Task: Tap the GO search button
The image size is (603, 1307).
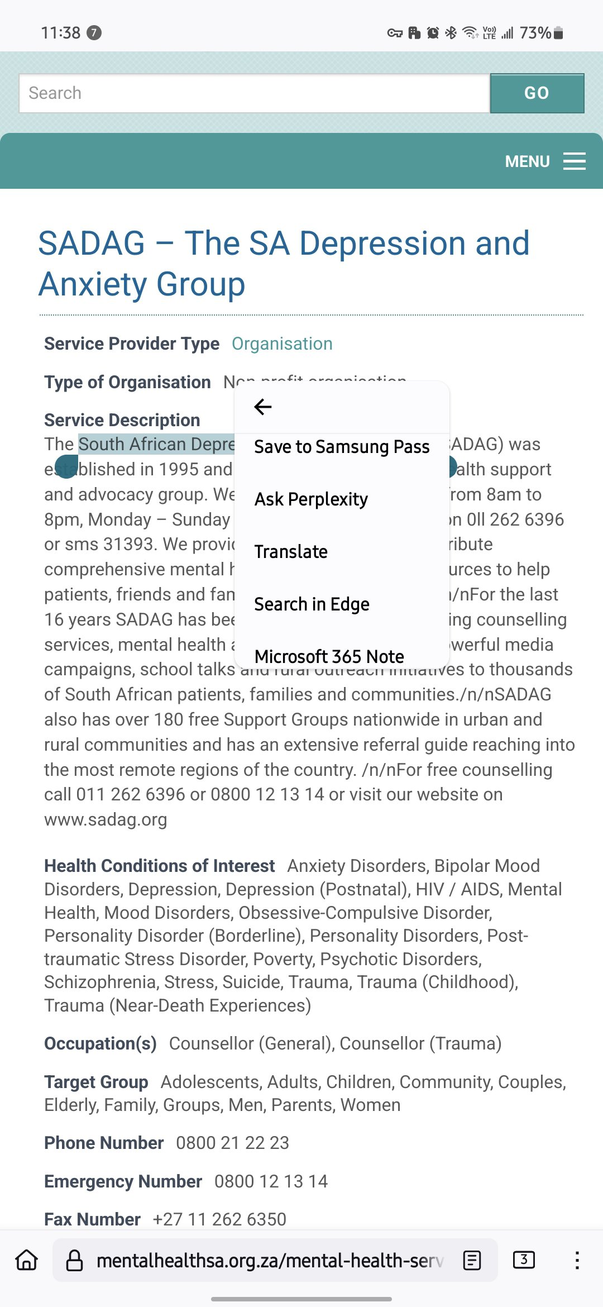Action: click(x=537, y=93)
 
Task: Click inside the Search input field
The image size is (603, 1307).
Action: click(x=254, y=93)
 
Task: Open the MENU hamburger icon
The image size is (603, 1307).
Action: click(x=574, y=161)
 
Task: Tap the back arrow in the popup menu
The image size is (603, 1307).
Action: click(x=262, y=407)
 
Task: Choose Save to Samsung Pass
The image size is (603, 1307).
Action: click(x=342, y=447)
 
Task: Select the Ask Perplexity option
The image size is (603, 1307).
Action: click(x=311, y=499)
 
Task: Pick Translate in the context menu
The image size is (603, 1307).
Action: click(x=291, y=551)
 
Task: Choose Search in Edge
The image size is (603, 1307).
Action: click(x=312, y=604)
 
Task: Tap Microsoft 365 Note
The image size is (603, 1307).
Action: click(x=329, y=656)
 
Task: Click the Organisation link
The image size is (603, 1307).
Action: click(x=282, y=344)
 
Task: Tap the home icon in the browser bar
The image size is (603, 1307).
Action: click(x=27, y=1261)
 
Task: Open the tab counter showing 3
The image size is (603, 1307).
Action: click(x=523, y=1260)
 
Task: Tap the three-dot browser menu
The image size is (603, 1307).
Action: click(x=577, y=1261)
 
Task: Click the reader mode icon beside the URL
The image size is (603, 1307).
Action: click(x=472, y=1261)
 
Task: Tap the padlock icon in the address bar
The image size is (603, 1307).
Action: click(x=74, y=1261)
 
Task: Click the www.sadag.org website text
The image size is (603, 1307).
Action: click(x=106, y=819)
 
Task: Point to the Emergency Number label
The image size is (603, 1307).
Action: click(x=123, y=1181)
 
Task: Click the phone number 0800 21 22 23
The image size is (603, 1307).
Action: click(x=232, y=1143)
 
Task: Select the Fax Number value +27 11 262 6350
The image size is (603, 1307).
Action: click(x=219, y=1219)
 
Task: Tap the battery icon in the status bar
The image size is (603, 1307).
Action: click(x=558, y=33)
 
